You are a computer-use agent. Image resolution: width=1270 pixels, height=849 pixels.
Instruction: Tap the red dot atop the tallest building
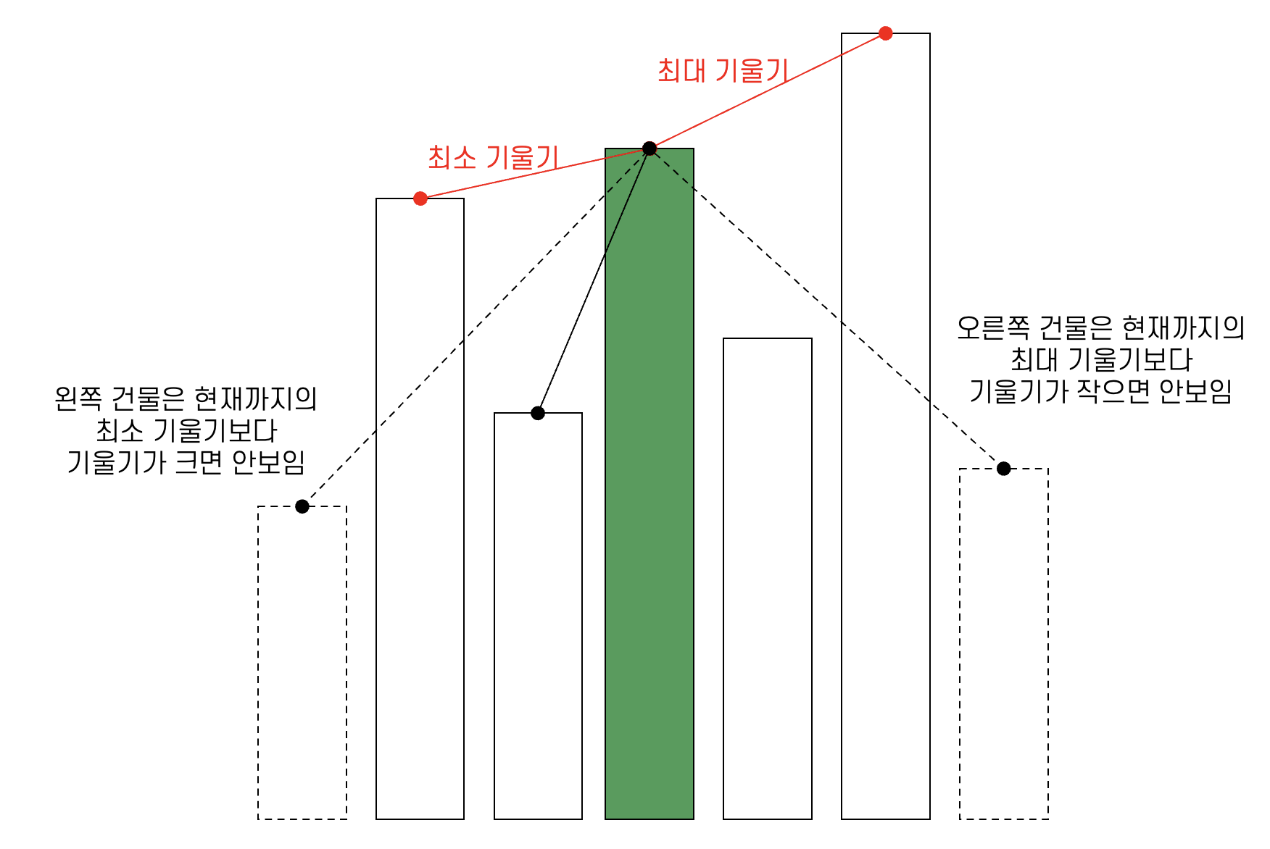coord(885,33)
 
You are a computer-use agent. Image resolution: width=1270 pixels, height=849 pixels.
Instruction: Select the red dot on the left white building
coord(420,198)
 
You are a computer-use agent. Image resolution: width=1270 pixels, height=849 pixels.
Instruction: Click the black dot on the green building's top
coord(649,149)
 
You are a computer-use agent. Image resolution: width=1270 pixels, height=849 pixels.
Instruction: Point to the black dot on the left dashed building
coord(302,506)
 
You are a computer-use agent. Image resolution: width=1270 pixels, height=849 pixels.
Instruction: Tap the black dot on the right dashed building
coord(1003,469)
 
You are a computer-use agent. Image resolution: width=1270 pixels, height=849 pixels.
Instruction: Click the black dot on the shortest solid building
coord(537,413)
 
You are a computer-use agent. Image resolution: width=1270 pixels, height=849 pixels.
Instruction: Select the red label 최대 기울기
coord(722,71)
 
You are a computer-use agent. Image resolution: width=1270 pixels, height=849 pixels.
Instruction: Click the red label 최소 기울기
coord(493,157)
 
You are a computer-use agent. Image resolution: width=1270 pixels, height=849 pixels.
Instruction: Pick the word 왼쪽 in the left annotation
coord(78,399)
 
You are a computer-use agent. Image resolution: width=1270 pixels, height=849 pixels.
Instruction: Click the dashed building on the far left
coord(302,663)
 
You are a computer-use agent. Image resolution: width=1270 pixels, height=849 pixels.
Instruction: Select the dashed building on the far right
coord(1003,645)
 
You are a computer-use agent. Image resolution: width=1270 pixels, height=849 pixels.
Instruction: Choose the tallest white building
coord(885,435)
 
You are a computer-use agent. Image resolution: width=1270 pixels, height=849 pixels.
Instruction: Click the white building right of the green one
coord(767,580)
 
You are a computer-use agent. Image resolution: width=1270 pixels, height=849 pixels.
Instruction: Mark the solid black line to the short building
coord(594,281)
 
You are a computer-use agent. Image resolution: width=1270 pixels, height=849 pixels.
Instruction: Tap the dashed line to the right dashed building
coord(826,309)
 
